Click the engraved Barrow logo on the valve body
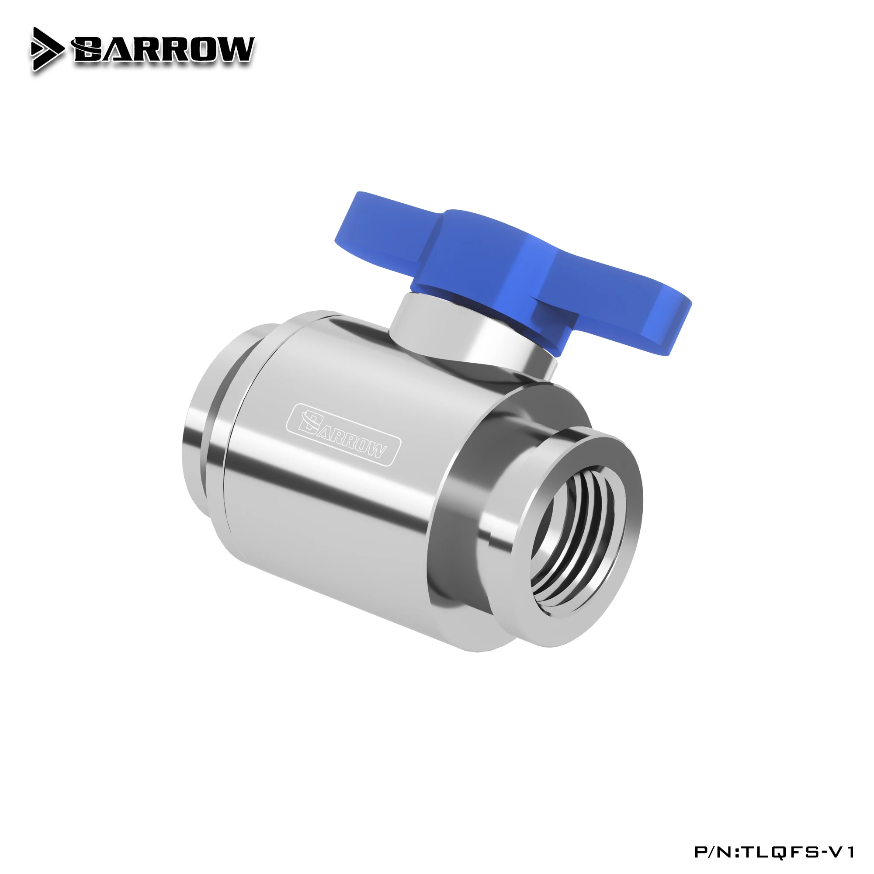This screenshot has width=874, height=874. point(343,434)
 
